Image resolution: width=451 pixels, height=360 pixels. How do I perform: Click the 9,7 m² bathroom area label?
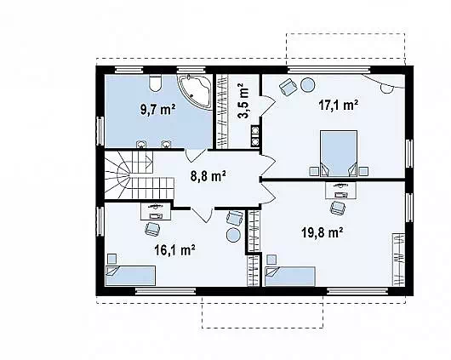click(158, 110)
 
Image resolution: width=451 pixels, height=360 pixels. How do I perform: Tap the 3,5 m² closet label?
click(243, 100)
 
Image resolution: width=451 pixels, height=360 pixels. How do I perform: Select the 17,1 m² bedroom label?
click(339, 105)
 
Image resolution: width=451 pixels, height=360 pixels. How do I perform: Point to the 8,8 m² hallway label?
click(208, 176)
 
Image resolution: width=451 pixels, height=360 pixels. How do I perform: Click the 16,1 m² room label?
click(175, 250)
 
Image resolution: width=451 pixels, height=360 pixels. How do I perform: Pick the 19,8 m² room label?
click(322, 232)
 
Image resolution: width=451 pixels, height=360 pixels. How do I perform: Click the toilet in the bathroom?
click(156, 83)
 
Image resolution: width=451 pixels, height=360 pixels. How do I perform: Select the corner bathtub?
click(195, 91)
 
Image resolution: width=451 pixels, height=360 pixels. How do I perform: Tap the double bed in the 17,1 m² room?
click(339, 153)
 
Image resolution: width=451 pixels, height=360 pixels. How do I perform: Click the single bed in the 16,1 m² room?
click(130, 276)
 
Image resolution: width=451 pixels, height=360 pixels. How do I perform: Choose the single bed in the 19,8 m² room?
click(290, 277)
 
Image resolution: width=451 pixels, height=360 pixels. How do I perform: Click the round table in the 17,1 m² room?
click(307, 85)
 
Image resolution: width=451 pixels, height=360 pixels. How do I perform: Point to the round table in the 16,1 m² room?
click(233, 235)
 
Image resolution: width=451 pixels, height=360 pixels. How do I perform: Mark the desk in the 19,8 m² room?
click(341, 191)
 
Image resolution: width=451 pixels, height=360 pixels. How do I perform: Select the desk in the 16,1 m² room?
click(157, 211)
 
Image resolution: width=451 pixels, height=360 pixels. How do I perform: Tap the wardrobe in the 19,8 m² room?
click(399, 260)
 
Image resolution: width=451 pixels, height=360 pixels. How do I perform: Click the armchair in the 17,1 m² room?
click(288, 86)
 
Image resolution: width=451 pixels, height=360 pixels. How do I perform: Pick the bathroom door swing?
click(196, 155)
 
